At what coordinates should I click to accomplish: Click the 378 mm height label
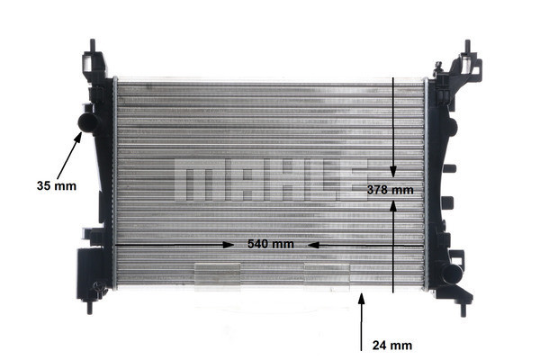click(391, 190)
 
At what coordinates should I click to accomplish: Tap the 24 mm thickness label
click(391, 344)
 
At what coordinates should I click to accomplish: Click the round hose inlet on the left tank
click(86, 121)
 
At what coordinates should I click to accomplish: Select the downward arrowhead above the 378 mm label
click(393, 171)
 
